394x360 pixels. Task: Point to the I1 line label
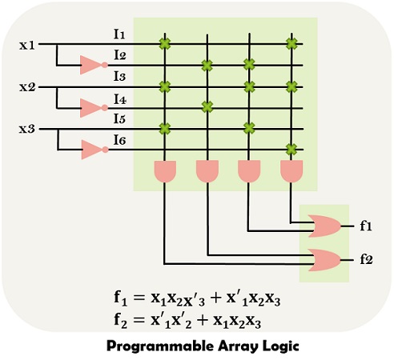pyautogui.click(x=119, y=34)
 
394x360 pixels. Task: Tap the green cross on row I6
pyautogui.click(x=291, y=149)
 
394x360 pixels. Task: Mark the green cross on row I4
pyautogui.click(x=207, y=106)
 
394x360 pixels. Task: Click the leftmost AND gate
pyautogui.click(x=165, y=170)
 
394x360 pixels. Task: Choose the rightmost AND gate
pyautogui.click(x=291, y=170)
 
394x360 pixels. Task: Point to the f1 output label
pyautogui.click(x=366, y=226)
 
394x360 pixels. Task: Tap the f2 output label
pyautogui.click(x=366, y=260)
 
